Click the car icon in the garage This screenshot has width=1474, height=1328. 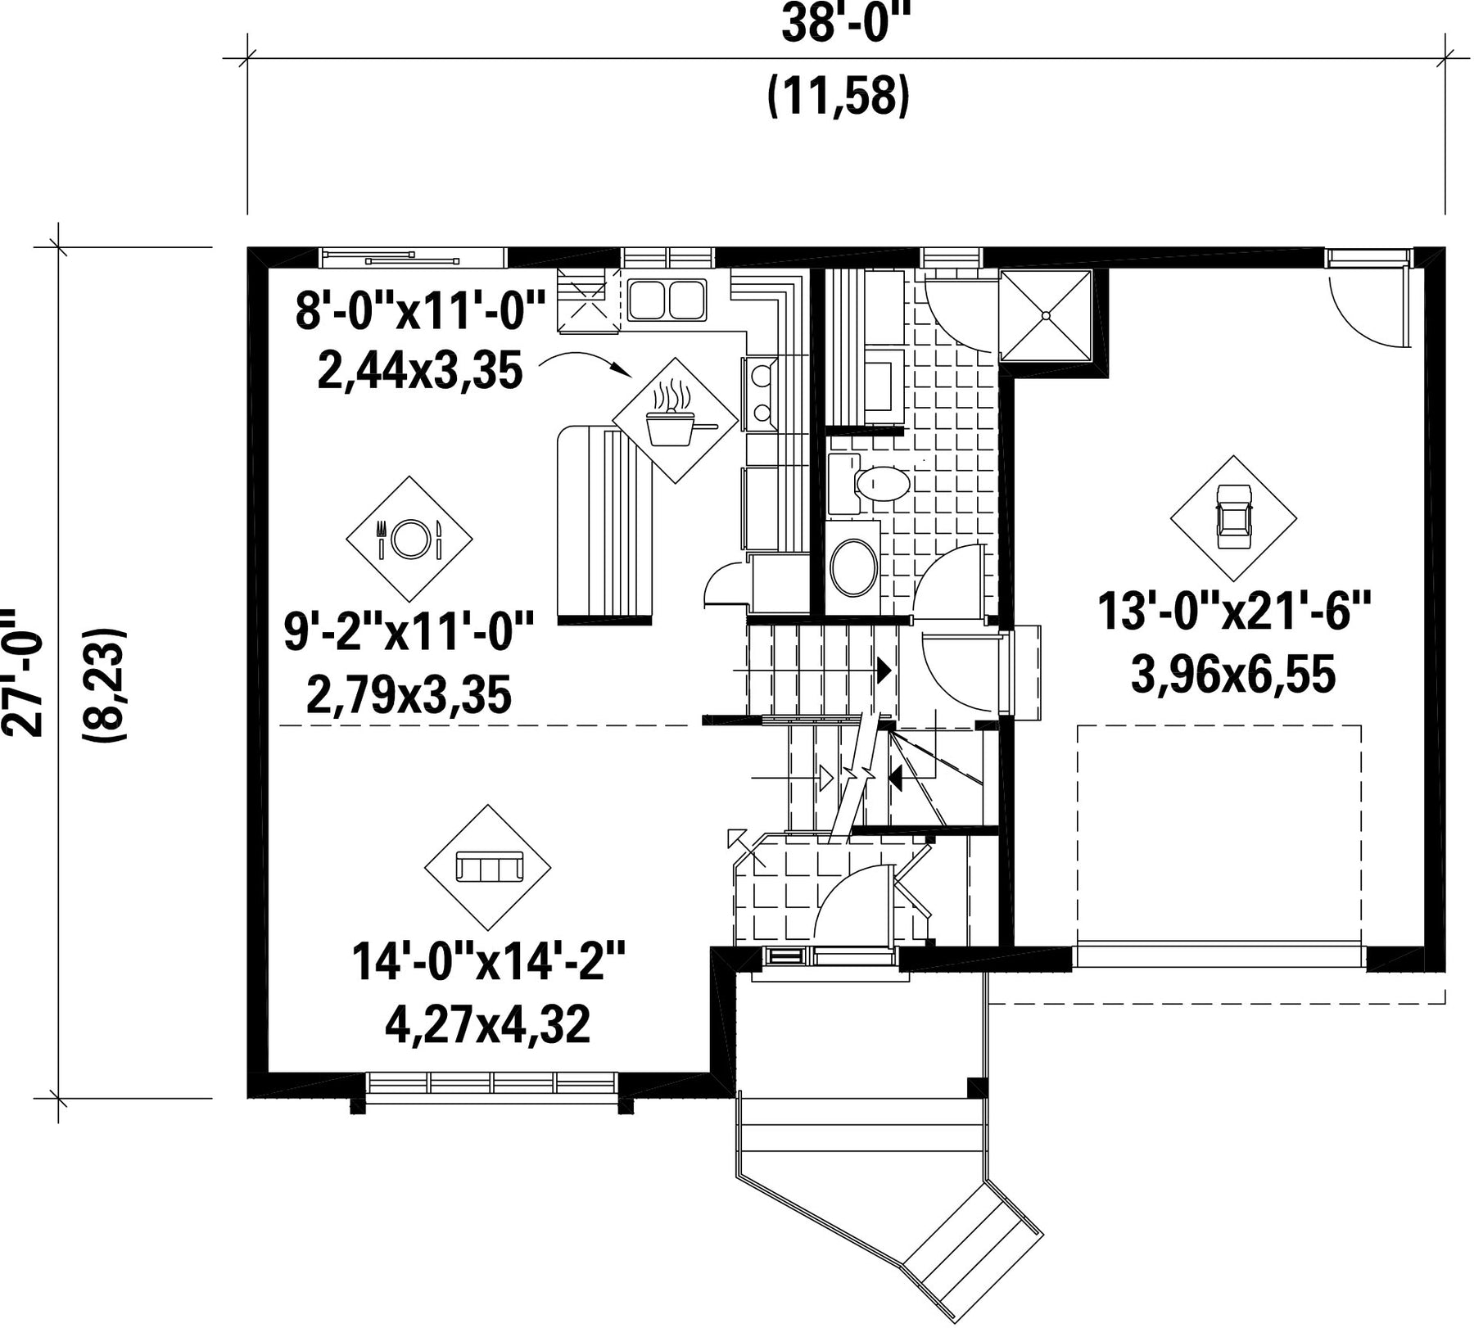(x=1233, y=517)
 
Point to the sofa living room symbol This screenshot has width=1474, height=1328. (x=488, y=866)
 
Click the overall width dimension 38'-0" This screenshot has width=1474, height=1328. (x=847, y=24)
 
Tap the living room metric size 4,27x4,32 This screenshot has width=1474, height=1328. (x=488, y=1024)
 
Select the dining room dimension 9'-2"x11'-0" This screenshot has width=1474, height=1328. (x=409, y=632)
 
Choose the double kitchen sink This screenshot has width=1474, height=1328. (x=667, y=299)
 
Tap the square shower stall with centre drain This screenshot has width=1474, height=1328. (x=1047, y=315)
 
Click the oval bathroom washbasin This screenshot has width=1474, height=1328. (x=853, y=567)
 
